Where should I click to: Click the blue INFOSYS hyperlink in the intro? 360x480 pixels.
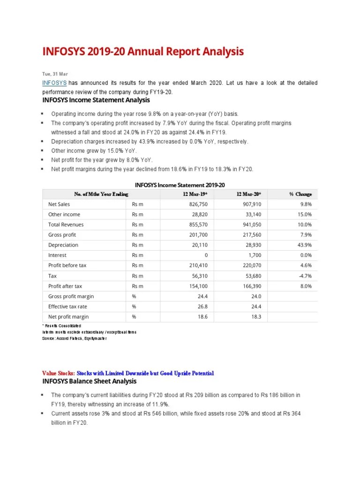point(54,83)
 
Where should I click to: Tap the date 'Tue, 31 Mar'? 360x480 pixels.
point(55,74)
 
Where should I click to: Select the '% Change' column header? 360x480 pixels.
point(300,194)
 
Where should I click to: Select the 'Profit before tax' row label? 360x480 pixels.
point(67,265)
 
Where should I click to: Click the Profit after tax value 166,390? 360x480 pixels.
point(252,286)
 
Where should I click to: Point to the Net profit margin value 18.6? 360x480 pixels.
point(203,317)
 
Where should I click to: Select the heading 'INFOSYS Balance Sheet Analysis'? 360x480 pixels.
point(89,381)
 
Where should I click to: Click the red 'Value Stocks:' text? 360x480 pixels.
point(58,373)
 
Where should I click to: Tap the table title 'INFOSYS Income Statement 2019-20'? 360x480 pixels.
point(183,185)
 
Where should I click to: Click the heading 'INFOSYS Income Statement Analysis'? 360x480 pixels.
point(96,100)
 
